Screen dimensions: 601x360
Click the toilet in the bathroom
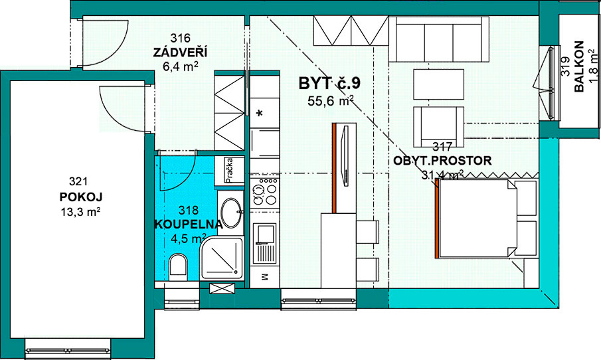point(178,266)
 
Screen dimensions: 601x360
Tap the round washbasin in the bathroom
point(232,212)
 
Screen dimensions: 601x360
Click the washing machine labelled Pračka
point(229,171)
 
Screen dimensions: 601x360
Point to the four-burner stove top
point(264,191)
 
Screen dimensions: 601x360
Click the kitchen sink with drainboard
point(264,244)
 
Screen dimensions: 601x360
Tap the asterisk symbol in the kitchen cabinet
point(260,114)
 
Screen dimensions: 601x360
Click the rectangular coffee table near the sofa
point(438,84)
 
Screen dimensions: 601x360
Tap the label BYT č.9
point(329,83)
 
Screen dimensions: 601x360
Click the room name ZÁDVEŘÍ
point(180,52)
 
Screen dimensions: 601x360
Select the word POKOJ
point(81,197)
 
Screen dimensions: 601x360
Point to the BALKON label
point(579,66)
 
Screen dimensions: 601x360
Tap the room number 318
point(189,210)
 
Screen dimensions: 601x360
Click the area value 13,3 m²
point(80,212)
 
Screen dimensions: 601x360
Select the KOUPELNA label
point(189,225)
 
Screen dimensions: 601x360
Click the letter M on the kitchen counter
point(264,276)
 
